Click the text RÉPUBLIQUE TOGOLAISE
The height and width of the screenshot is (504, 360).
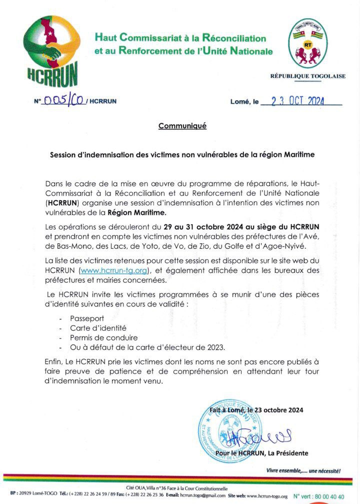307,76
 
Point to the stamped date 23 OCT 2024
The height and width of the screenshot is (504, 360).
297,101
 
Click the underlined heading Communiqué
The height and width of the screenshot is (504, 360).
182,126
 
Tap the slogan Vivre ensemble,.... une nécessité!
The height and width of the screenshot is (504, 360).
303,471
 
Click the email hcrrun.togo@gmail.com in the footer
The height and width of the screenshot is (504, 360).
202,497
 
